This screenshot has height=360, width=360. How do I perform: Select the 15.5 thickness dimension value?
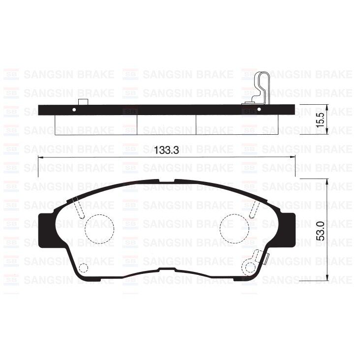(x=321, y=120)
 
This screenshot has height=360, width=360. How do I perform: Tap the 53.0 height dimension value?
(x=321, y=230)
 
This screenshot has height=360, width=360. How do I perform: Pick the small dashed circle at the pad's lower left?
(x=84, y=268)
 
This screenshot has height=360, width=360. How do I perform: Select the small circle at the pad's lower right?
(x=250, y=267)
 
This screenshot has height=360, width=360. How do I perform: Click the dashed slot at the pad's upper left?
(x=78, y=207)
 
